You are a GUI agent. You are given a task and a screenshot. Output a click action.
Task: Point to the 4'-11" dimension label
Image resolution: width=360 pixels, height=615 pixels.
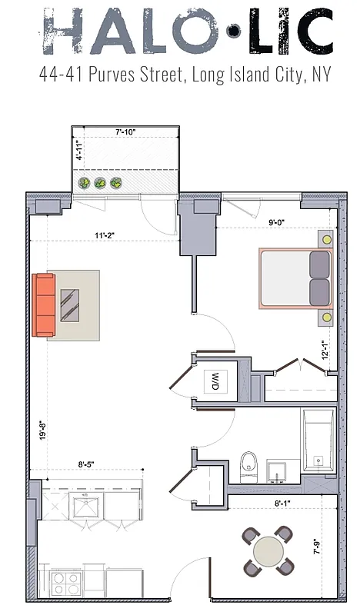pyautogui.click(x=78, y=148)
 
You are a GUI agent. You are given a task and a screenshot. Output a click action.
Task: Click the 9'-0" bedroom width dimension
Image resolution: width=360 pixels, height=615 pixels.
pyautogui.click(x=278, y=224)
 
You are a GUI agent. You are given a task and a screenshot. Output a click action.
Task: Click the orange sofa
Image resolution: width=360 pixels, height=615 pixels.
pyautogui.click(x=44, y=304)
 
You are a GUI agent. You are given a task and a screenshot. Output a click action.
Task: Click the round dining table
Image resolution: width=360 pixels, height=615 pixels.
pyautogui.click(x=268, y=551)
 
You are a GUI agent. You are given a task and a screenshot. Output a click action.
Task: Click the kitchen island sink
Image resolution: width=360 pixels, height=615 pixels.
pyautogui.click(x=85, y=507)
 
